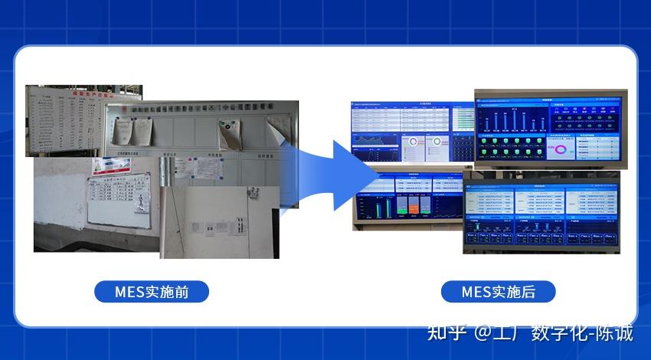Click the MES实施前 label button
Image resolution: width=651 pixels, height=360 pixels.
pyautogui.click(x=152, y=292)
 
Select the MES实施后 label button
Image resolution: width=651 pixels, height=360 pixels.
pyautogui.click(x=498, y=292)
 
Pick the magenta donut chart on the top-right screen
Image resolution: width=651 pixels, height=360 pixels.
pyautogui.click(x=564, y=149)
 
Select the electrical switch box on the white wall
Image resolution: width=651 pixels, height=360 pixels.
pyautogui.click(x=242, y=227)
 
